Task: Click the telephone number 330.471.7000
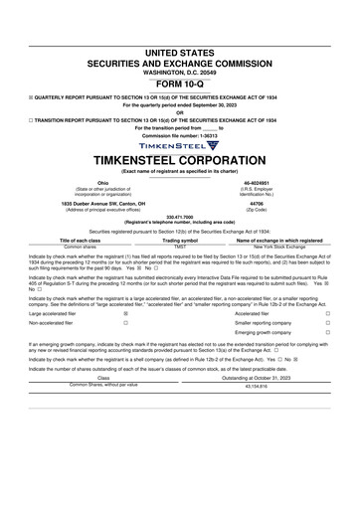[180, 215]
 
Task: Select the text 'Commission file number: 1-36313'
[180, 134]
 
